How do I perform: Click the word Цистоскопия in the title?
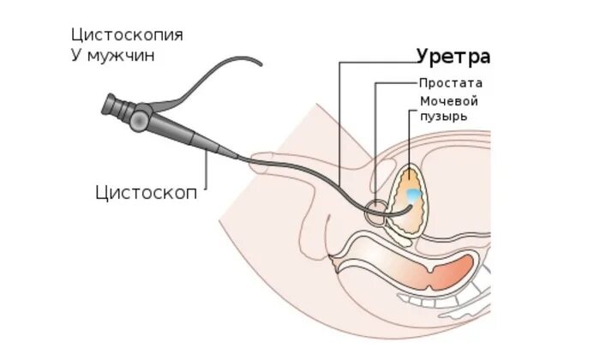pyautogui.click(x=128, y=35)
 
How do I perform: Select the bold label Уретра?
pyautogui.click(x=453, y=57)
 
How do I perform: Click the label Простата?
pyautogui.click(x=451, y=83)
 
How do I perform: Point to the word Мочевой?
pyautogui.click(x=448, y=101)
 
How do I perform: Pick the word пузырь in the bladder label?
pyautogui.click(x=443, y=117)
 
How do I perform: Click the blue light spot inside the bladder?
pyautogui.click(x=413, y=195)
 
